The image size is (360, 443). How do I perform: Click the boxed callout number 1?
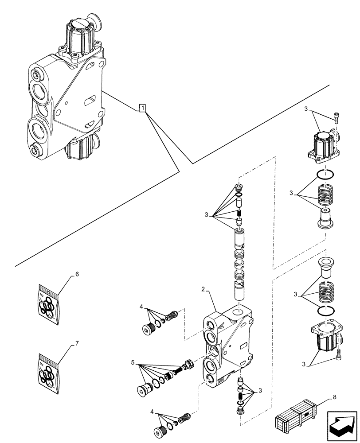[142, 108]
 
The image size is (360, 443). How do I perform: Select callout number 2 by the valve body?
[203, 289]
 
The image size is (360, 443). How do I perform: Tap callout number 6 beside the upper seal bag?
[77, 274]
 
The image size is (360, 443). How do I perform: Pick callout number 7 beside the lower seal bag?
[77, 343]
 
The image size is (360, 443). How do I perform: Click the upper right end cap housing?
[323, 145]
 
